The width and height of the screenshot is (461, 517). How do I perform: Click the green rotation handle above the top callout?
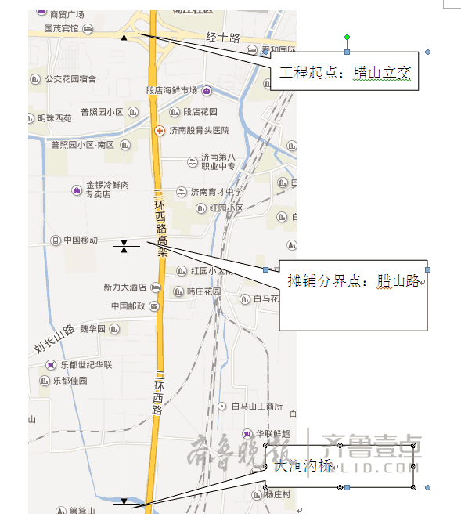point(347,37)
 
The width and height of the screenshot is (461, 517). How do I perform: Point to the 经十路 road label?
point(222,38)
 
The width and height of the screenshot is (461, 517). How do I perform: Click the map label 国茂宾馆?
point(61,28)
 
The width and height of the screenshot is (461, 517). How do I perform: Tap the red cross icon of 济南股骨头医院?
point(160,130)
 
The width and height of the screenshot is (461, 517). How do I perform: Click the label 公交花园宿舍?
point(70,79)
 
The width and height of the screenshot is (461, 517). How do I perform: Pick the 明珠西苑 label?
point(54,118)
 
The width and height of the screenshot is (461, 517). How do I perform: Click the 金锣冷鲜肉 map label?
point(107,185)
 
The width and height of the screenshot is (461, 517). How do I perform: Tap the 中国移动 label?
point(81,240)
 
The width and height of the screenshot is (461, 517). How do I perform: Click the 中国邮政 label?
point(128,306)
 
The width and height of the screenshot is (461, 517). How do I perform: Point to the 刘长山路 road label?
point(54,338)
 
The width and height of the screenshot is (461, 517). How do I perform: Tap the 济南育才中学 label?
point(216,192)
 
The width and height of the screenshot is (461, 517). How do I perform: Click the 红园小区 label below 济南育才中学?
point(227,208)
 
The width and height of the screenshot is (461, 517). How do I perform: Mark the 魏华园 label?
point(92,329)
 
